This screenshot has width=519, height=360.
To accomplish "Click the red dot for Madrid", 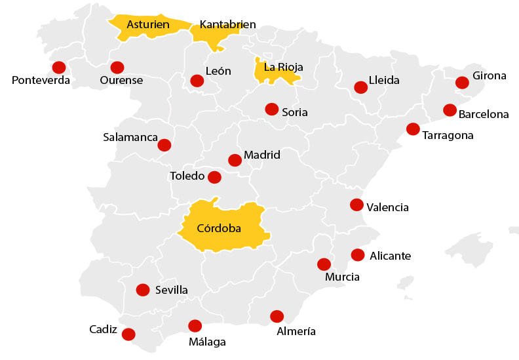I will point(235,160).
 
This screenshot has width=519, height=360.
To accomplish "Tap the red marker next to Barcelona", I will point(450,110).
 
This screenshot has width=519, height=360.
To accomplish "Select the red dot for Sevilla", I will point(142,289).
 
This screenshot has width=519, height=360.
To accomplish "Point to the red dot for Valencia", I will point(356,205).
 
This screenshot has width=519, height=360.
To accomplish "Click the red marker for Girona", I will point(462,83).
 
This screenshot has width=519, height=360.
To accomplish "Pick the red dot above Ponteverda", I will point(59,67).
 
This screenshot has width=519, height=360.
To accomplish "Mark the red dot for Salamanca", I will point(164,145).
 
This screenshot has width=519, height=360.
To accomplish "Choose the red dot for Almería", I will point(277,316).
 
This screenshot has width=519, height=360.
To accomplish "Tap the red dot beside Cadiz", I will point(128,334).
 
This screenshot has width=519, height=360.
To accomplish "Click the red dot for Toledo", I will point(214,177).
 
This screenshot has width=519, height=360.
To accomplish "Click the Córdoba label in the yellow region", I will point(219,229).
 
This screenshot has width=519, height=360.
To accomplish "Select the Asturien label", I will point(148,25).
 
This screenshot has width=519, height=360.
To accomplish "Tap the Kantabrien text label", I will point(227,25).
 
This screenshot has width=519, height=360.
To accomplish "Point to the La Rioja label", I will point(282,67).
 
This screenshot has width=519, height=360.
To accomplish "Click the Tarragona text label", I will point(448,136).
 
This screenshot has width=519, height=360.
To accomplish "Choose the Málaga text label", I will point(207,342).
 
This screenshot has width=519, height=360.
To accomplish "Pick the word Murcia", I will point(342,277).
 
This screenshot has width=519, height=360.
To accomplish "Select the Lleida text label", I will point(384,81).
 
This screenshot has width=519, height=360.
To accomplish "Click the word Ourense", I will point(121,81).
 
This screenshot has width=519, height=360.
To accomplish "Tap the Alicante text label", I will point(390,256).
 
